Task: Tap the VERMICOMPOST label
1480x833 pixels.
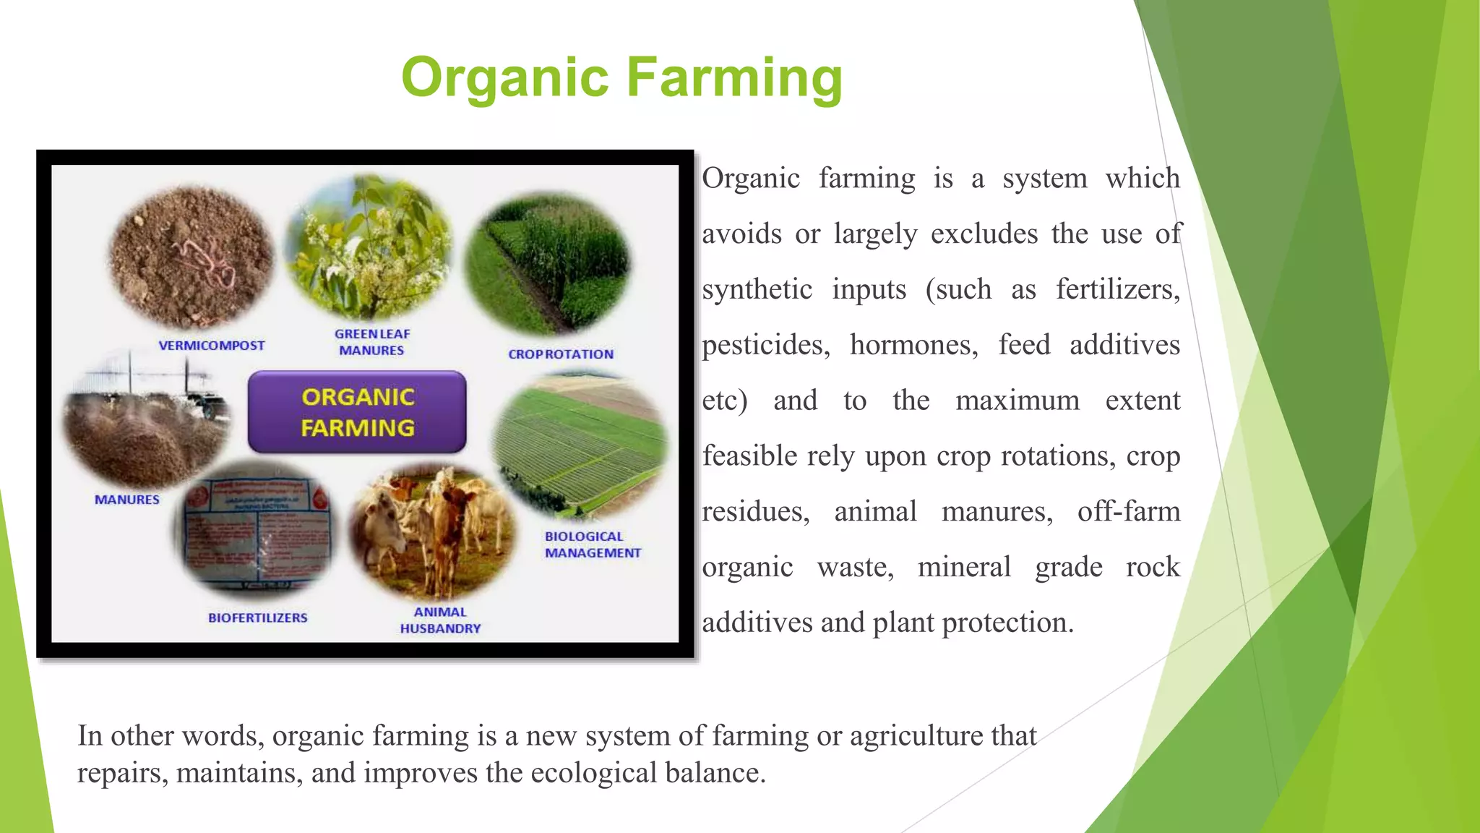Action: [212, 346]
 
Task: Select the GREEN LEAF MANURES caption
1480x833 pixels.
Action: [372, 342]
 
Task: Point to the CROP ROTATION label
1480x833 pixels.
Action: [561, 354]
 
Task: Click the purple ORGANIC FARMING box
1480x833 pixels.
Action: [357, 412]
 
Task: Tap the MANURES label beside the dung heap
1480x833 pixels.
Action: [127, 500]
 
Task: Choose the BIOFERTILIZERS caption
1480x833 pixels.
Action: [258, 618]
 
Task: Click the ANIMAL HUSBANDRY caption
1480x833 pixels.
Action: [440, 620]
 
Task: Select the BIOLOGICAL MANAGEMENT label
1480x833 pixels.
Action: [593, 544]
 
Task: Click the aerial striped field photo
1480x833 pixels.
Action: [580, 445]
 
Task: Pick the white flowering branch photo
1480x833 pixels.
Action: [369, 246]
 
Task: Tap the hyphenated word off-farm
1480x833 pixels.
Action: [1128, 512]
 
